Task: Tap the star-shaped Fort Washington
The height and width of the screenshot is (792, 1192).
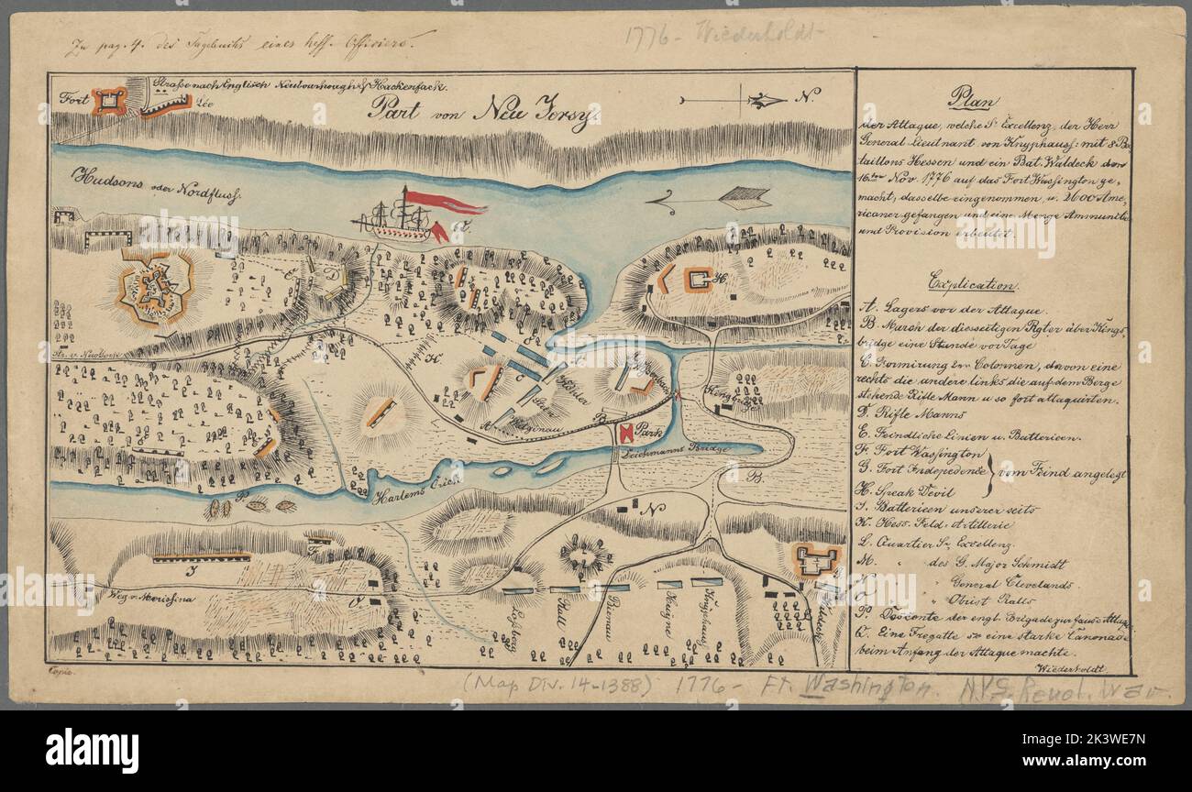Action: (x=156, y=288)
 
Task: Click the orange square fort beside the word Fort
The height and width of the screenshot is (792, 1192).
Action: (x=107, y=101)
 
